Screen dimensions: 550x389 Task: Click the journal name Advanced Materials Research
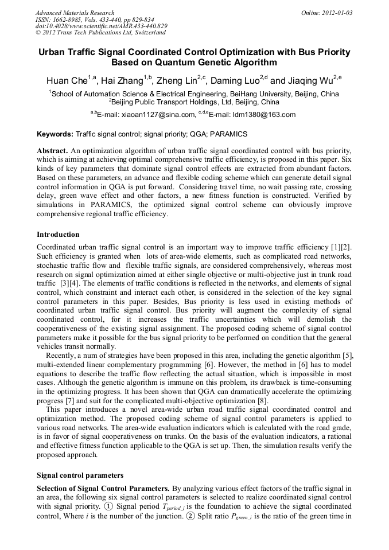tap(75, 13)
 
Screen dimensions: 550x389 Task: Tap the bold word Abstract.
tap(52, 150)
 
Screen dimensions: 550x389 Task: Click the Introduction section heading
tap(58, 235)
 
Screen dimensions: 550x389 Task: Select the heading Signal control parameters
tap(80, 475)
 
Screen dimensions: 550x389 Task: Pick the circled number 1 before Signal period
tap(109, 506)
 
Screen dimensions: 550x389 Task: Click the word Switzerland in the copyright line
tap(146, 33)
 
